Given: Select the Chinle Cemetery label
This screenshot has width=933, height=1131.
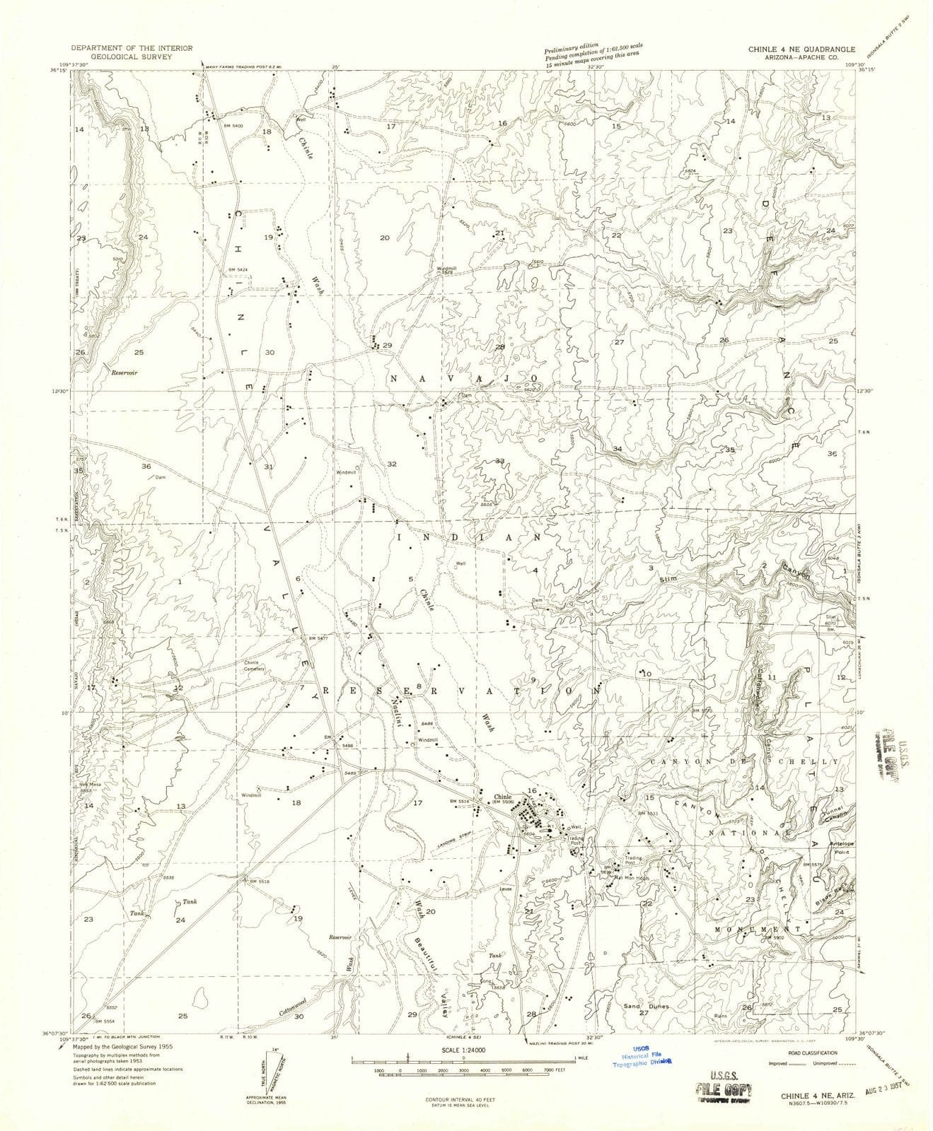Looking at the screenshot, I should [x=254, y=665].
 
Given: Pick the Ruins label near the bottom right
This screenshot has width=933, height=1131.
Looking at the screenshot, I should [x=721, y=1016].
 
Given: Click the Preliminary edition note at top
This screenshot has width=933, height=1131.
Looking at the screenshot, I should [x=586, y=53].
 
